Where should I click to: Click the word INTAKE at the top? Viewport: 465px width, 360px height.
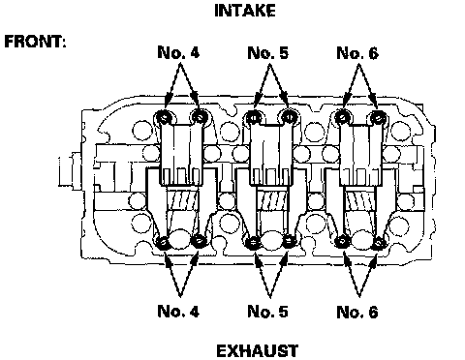[245, 11]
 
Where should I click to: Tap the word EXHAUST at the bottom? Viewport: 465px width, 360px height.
[257, 351]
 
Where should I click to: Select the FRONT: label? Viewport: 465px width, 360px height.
[35, 42]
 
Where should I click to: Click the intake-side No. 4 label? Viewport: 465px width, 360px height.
[178, 52]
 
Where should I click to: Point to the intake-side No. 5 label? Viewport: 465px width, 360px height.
[267, 52]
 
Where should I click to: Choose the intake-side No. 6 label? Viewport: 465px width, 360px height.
[357, 52]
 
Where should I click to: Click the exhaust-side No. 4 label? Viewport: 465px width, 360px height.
[178, 311]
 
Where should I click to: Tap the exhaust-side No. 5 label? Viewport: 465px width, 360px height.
[267, 312]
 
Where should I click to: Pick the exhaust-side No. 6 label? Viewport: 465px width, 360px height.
[357, 312]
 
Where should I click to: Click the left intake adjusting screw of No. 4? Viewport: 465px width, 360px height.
[164, 117]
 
